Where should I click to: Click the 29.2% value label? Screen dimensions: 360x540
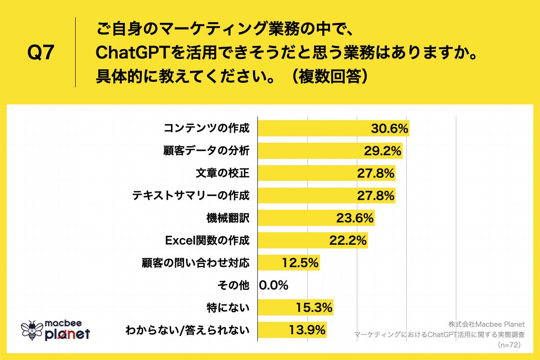(x=382, y=151)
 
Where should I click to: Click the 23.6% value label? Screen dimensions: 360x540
(x=355, y=218)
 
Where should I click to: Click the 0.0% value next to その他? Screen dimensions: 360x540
(x=274, y=285)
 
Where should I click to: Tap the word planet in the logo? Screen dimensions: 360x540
(x=67, y=334)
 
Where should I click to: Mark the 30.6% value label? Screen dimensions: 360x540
(x=389, y=129)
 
